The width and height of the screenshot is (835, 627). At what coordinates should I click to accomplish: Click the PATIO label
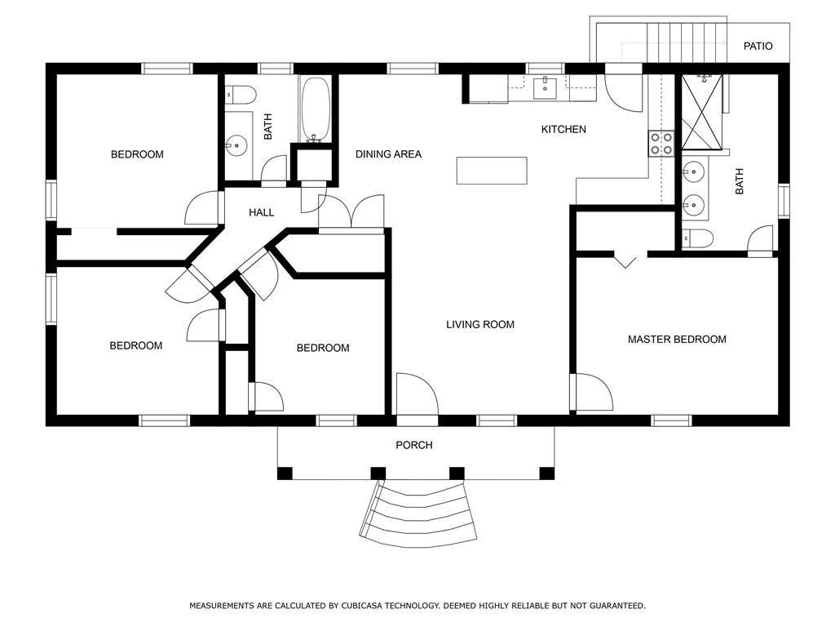click(758, 47)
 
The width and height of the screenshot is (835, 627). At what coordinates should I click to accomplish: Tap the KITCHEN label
click(563, 130)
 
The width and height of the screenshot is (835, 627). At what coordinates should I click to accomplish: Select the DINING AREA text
click(388, 154)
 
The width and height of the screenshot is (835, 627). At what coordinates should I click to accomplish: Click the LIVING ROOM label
click(479, 325)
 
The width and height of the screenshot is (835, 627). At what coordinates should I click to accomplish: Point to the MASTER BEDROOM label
click(677, 340)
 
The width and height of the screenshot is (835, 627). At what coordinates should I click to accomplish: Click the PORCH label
click(413, 445)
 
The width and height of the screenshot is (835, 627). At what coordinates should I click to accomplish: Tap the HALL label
click(262, 213)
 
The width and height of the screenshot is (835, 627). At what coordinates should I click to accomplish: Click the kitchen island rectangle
click(492, 171)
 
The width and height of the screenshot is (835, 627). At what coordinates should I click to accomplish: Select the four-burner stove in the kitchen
click(660, 144)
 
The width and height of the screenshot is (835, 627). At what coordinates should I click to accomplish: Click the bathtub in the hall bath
click(316, 110)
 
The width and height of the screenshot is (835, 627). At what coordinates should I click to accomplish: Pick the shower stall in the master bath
click(702, 112)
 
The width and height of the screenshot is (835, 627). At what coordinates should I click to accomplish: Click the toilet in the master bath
click(697, 238)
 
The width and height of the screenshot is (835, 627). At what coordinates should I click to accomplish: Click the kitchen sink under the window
click(545, 87)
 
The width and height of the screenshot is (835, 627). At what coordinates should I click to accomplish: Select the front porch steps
click(418, 514)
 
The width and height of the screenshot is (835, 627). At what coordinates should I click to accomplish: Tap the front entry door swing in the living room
click(417, 394)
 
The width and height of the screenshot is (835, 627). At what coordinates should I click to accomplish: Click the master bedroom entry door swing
click(592, 393)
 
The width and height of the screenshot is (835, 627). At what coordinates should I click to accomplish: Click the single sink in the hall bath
click(236, 145)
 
